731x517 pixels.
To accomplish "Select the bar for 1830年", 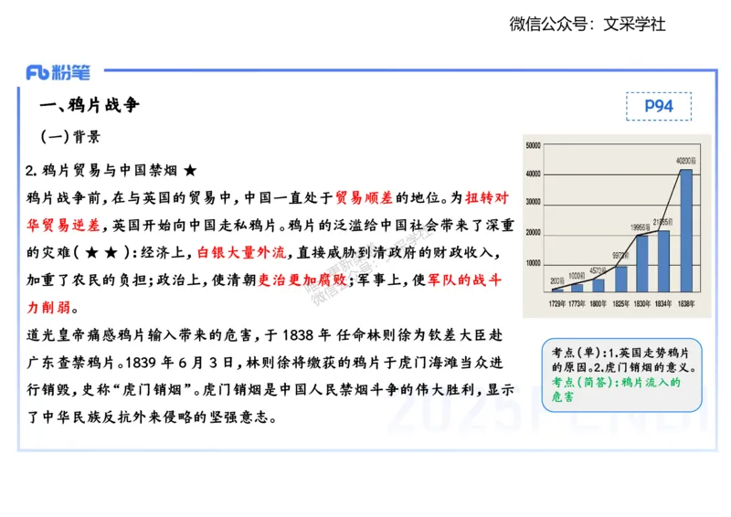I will (641, 264).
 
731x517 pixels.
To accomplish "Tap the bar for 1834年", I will (663, 261).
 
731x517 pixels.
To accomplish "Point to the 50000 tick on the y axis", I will (534, 144).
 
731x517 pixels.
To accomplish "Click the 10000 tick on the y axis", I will (534, 263).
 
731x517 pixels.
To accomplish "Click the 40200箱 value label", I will (686, 161).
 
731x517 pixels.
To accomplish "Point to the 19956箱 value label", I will (641, 227).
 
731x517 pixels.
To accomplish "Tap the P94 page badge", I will (658, 106).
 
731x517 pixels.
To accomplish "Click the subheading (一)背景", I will (70, 137).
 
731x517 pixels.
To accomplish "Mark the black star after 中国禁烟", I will (190, 171).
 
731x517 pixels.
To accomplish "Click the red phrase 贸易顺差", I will (365, 197).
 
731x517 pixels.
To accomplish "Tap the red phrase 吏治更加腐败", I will (302, 280).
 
